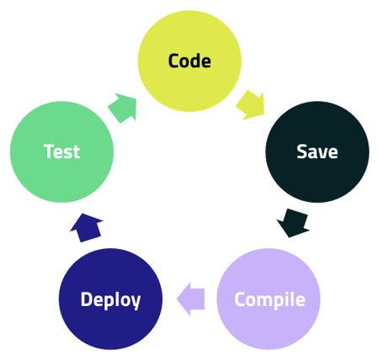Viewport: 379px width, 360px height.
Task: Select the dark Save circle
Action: point(317,152)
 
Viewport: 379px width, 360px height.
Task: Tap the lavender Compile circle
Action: point(269,299)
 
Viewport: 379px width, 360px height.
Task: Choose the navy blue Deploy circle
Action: point(110,299)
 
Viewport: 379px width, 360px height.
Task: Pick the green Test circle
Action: point(61,152)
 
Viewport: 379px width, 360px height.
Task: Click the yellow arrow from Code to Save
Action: point(250,103)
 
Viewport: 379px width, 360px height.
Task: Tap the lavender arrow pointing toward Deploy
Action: point(191,299)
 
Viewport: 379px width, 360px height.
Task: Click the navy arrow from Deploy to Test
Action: point(87,227)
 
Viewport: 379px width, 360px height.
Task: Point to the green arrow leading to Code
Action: point(123,108)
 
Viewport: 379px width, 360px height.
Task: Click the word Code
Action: point(189,61)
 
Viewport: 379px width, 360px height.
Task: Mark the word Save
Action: point(317,152)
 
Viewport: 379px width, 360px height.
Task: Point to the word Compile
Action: point(269,299)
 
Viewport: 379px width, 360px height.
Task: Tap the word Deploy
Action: point(110,299)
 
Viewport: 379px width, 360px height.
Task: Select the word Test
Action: point(61,152)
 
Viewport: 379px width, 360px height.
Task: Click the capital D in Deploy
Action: point(86,299)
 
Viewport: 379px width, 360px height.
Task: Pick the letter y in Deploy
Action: point(135,302)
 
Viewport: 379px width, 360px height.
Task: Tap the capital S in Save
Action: point(302,152)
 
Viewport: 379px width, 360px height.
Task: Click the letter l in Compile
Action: point(289,299)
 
